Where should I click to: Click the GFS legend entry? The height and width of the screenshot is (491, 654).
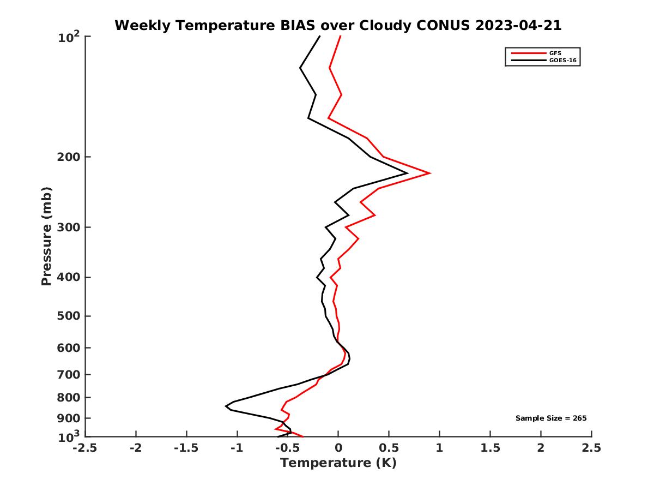coord(555,53)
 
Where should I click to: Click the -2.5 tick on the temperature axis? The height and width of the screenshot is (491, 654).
coord(85,448)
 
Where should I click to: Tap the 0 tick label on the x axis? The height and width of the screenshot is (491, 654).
coord(338,448)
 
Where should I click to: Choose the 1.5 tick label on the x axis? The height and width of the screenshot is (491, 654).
coord(491,448)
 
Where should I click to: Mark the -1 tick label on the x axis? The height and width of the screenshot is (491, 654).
coord(237,448)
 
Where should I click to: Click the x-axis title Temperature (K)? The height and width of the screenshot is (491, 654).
coord(338,463)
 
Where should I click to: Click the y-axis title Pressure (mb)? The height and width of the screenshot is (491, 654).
coord(47,236)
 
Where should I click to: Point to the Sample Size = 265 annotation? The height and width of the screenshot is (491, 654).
coord(551,418)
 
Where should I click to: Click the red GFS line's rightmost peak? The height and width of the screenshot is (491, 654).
coord(431,173)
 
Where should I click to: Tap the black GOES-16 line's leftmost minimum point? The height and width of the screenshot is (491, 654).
coord(226,406)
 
